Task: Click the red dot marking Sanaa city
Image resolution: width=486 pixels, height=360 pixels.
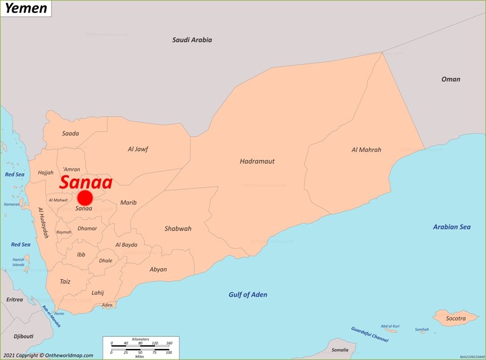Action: (x=84, y=198)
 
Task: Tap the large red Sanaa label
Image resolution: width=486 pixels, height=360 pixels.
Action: (x=86, y=182)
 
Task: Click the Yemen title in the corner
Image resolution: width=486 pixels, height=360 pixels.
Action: (x=26, y=9)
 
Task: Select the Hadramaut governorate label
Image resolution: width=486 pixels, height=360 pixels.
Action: (x=257, y=161)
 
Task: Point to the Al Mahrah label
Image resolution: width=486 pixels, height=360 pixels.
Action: (x=366, y=150)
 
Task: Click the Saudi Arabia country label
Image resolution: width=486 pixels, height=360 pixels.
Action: (x=192, y=40)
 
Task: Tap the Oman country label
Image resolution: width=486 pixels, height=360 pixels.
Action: (x=450, y=79)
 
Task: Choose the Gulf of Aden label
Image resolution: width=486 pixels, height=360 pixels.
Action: (x=248, y=295)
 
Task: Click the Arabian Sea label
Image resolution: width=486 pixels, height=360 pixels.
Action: (x=451, y=227)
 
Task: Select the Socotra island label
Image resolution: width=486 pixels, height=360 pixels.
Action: (x=456, y=318)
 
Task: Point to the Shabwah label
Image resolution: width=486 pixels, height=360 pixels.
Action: (x=177, y=229)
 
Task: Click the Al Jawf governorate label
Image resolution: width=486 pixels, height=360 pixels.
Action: (x=138, y=149)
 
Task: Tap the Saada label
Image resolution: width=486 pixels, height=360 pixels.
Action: (x=70, y=133)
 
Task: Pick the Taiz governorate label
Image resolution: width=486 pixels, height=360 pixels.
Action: (x=65, y=282)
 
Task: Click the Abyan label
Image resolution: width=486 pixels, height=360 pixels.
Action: (x=158, y=269)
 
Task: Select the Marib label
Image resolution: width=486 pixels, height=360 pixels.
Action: (x=128, y=202)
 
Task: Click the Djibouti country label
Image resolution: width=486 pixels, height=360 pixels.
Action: (x=24, y=336)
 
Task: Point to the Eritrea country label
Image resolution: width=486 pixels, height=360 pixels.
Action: (x=14, y=299)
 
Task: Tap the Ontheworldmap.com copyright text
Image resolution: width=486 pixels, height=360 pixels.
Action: (x=48, y=355)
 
